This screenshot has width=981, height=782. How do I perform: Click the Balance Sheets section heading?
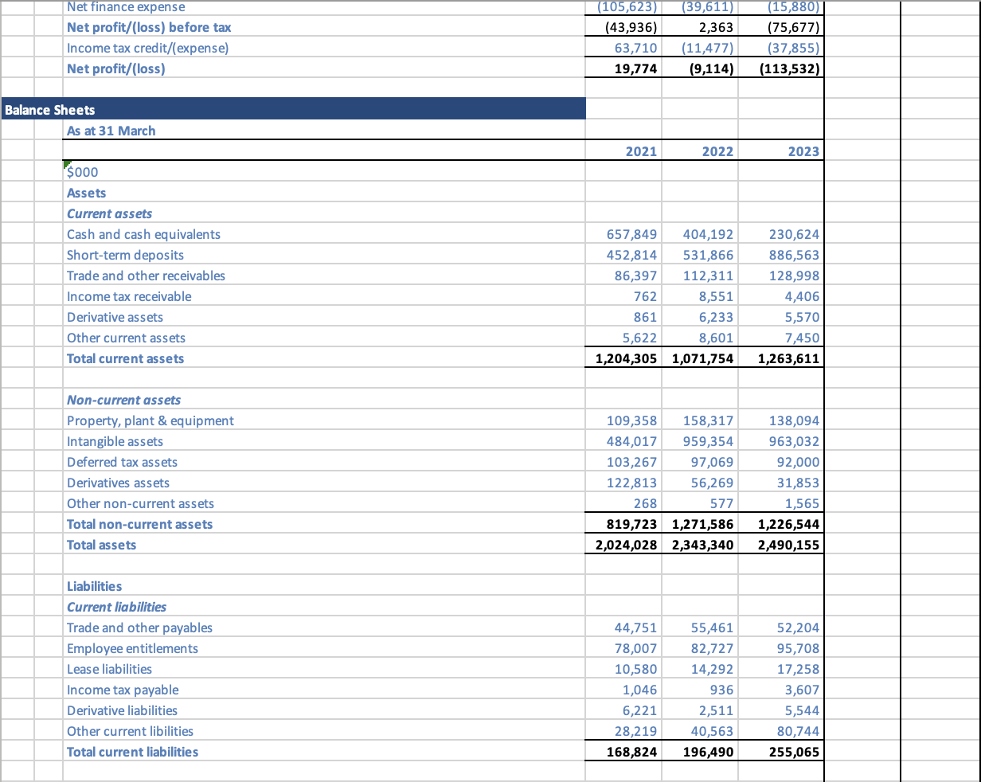50,110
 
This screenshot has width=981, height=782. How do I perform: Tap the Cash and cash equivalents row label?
143,234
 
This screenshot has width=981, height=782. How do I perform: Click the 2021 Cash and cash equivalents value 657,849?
631,234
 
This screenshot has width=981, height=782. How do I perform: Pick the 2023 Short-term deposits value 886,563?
794,255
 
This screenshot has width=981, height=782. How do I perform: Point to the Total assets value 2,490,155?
788,545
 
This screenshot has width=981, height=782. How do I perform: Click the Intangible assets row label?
115,441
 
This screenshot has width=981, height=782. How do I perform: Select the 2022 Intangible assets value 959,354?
708,441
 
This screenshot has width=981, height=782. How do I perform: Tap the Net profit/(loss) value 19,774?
636,68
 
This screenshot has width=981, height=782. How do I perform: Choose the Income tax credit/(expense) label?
147,48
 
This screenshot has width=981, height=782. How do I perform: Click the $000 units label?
83,172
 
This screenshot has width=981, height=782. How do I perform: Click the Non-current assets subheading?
123,400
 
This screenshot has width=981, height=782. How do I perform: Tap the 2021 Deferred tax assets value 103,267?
631,462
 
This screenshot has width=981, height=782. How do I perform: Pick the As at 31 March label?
111,131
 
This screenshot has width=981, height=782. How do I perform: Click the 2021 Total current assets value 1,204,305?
626,358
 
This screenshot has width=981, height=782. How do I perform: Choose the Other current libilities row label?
130,731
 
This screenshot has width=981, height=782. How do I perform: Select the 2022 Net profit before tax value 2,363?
717,27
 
